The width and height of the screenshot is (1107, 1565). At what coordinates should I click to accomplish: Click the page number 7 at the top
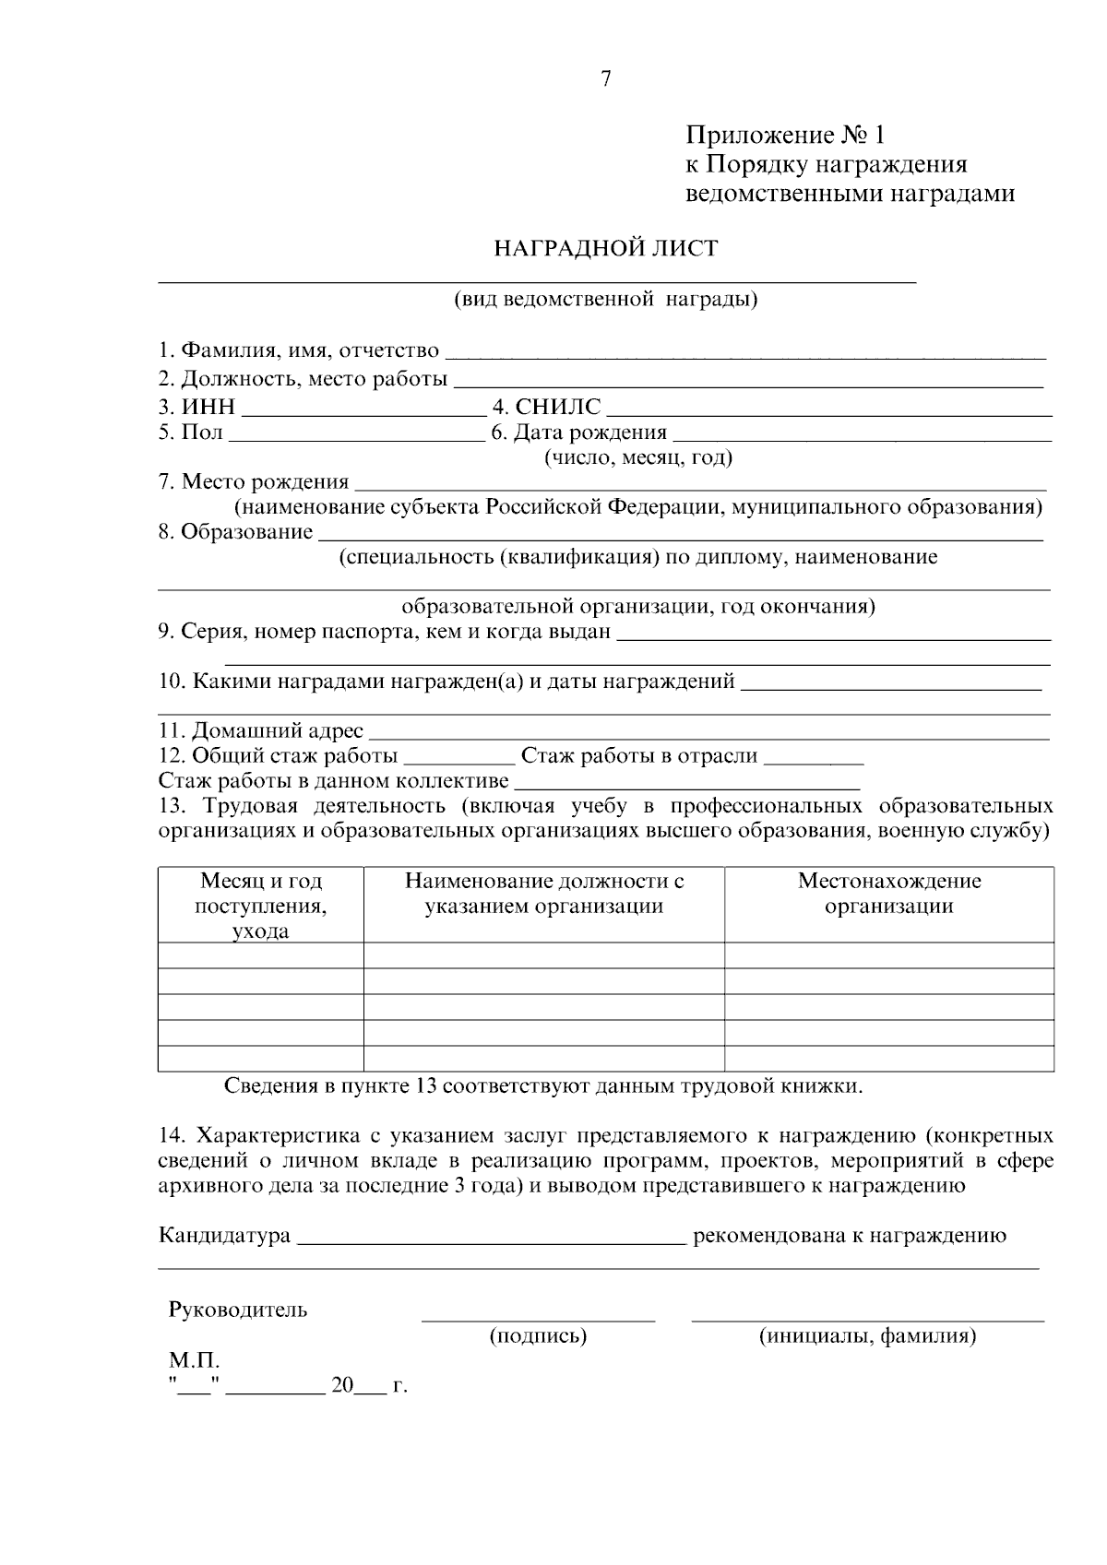pyautogui.click(x=606, y=79)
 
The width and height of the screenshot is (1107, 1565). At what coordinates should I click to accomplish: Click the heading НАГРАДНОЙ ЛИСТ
pyautogui.click(x=605, y=249)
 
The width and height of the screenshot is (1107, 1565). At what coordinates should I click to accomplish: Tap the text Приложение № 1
pyautogui.click(x=784, y=136)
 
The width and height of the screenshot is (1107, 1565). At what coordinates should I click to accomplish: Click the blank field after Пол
pyautogui.click(x=356, y=433)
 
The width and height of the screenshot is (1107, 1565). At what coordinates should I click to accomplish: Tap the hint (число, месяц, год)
pyautogui.click(x=638, y=458)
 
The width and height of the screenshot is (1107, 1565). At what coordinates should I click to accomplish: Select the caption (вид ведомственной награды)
pyautogui.click(x=605, y=300)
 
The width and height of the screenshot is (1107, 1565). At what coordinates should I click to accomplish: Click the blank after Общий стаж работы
pyautogui.click(x=459, y=758)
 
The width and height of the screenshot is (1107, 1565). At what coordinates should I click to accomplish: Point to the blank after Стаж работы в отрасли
pyautogui.click(x=815, y=758)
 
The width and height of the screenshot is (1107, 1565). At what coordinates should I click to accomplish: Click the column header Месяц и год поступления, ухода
pyautogui.click(x=261, y=906)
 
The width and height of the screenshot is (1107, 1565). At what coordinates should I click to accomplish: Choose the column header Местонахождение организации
pyautogui.click(x=888, y=894)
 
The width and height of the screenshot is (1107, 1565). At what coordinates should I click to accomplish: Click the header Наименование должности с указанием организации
pyautogui.click(x=543, y=894)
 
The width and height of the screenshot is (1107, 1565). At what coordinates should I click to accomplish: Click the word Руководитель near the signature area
pyautogui.click(x=237, y=1310)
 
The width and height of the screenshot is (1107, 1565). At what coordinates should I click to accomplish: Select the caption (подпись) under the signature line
pyautogui.click(x=538, y=1335)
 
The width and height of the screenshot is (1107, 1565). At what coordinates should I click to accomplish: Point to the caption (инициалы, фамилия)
pyautogui.click(x=867, y=1335)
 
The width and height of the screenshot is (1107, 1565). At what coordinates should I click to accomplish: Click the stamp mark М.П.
pyautogui.click(x=194, y=1361)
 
